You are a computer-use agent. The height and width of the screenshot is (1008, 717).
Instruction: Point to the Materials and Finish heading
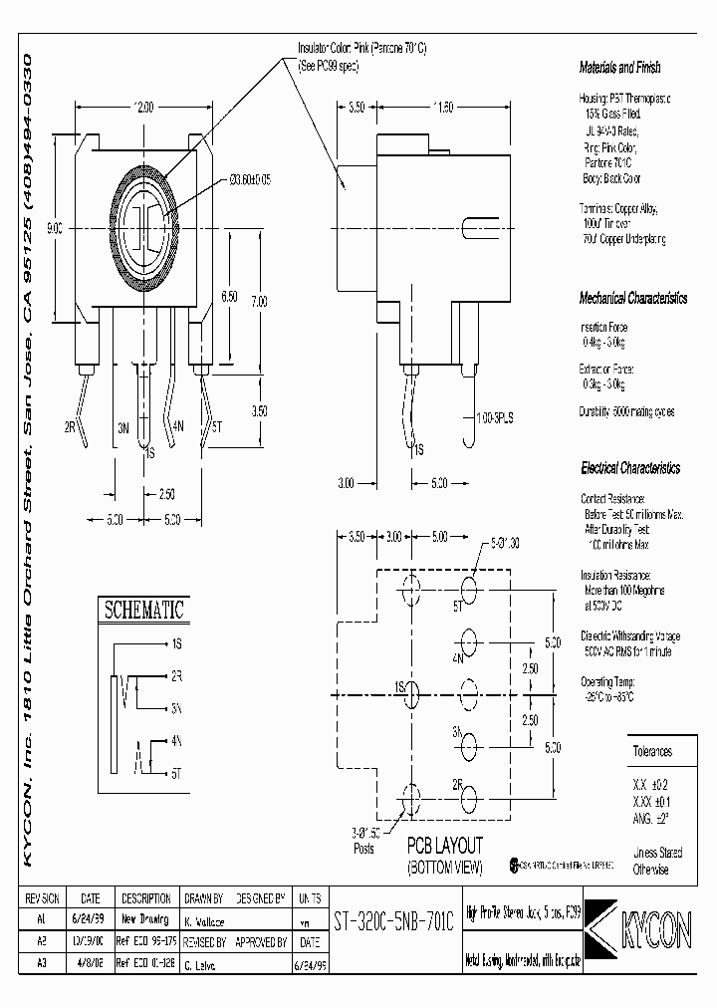pyautogui.click(x=619, y=68)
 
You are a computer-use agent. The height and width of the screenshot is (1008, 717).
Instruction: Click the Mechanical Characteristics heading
pyautogui.click(x=633, y=298)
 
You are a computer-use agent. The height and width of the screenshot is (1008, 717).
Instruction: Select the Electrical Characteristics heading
pyautogui.click(x=630, y=467)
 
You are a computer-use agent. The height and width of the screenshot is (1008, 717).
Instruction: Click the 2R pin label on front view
pyautogui.click(x=71, y=425)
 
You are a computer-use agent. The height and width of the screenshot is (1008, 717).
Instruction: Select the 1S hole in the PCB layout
pyautogui.click(x=409, y=689)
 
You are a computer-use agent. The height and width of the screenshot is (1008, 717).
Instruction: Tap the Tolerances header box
pyautogui.click(x=653, y=752)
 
